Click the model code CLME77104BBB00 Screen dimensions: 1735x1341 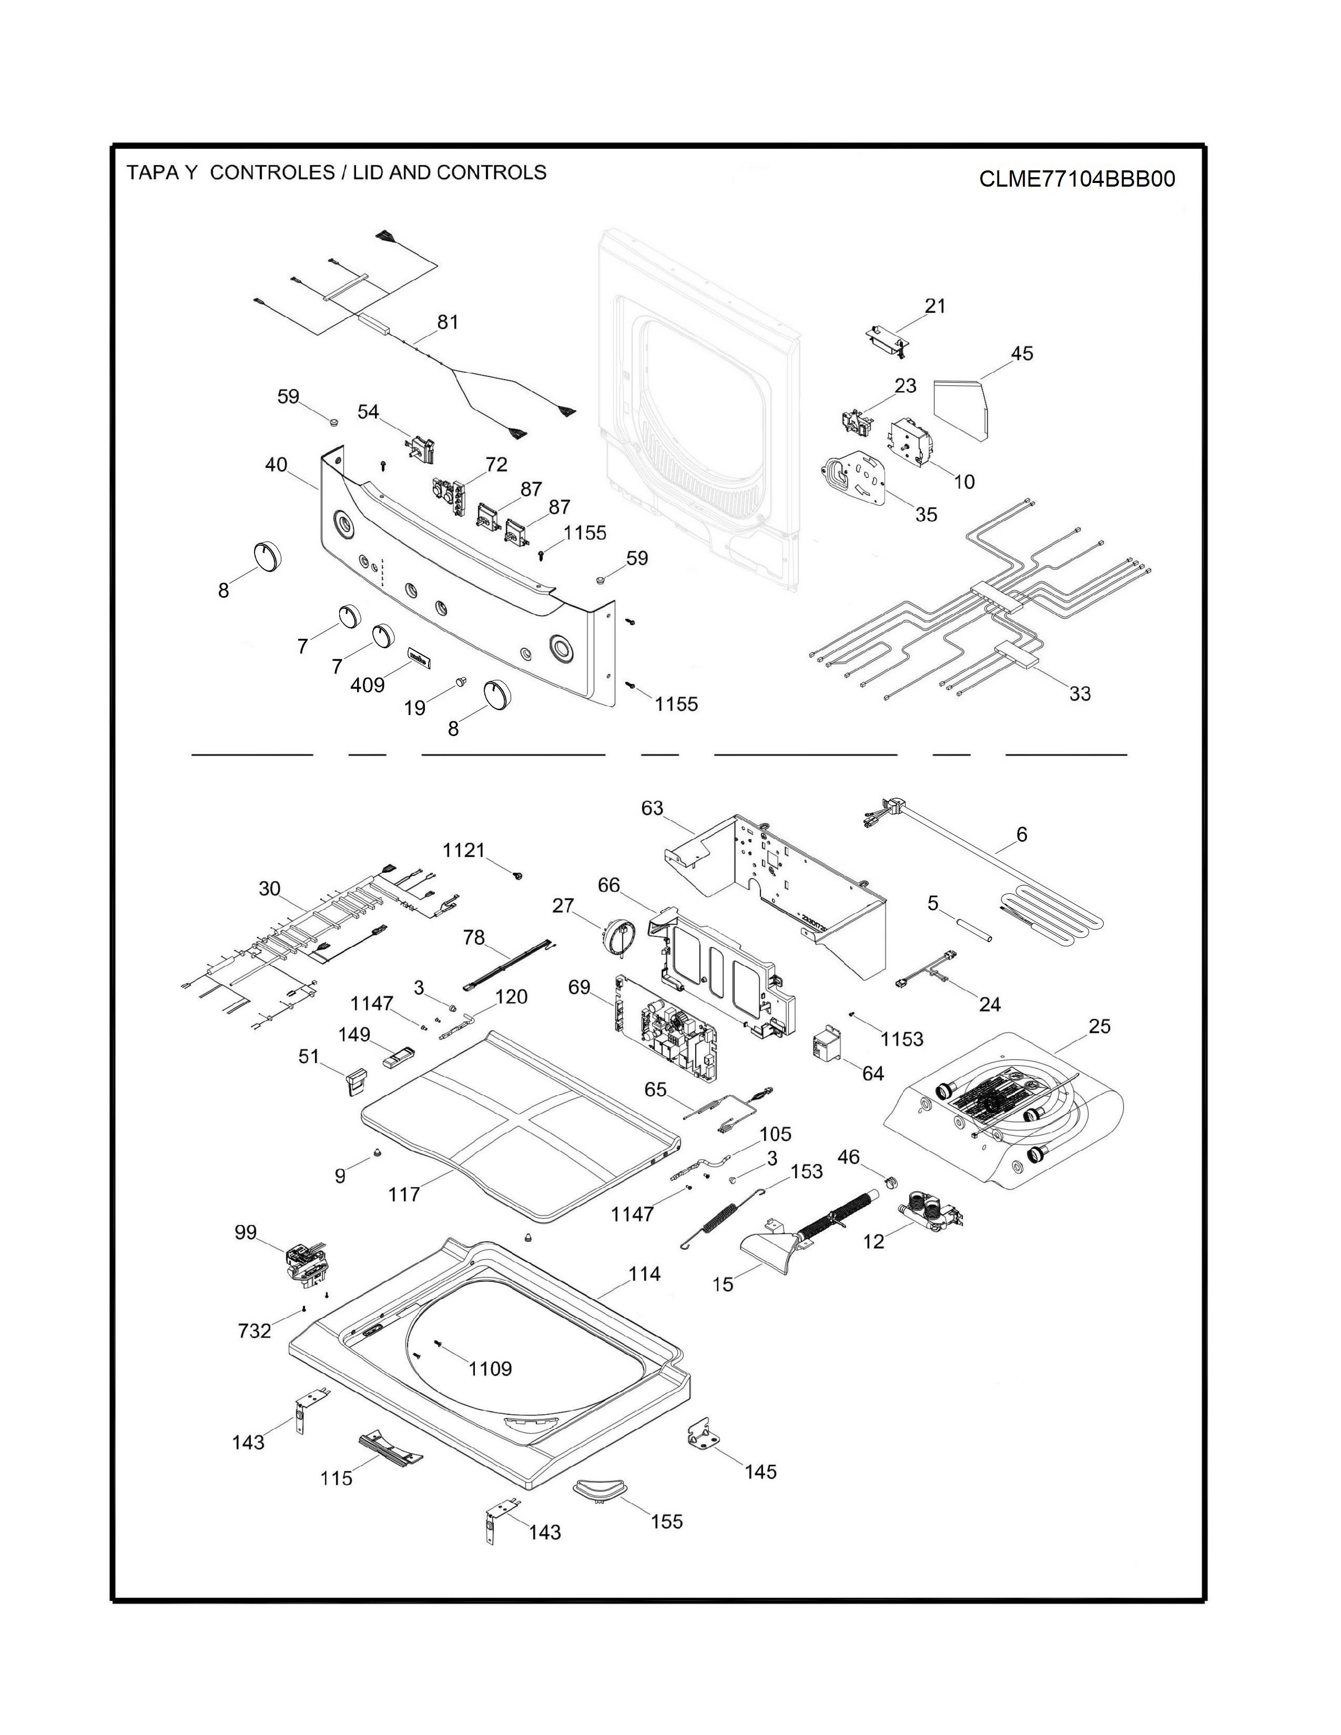click(1076, 179)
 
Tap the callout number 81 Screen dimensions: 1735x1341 click(448, 322)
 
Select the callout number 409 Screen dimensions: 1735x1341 click(367, 684)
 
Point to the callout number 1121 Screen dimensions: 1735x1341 click(463, 850)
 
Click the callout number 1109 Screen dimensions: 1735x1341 click(490, 1368)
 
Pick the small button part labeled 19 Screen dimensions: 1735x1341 click(460, 681)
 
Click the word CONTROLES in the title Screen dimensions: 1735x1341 click(272, 172)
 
